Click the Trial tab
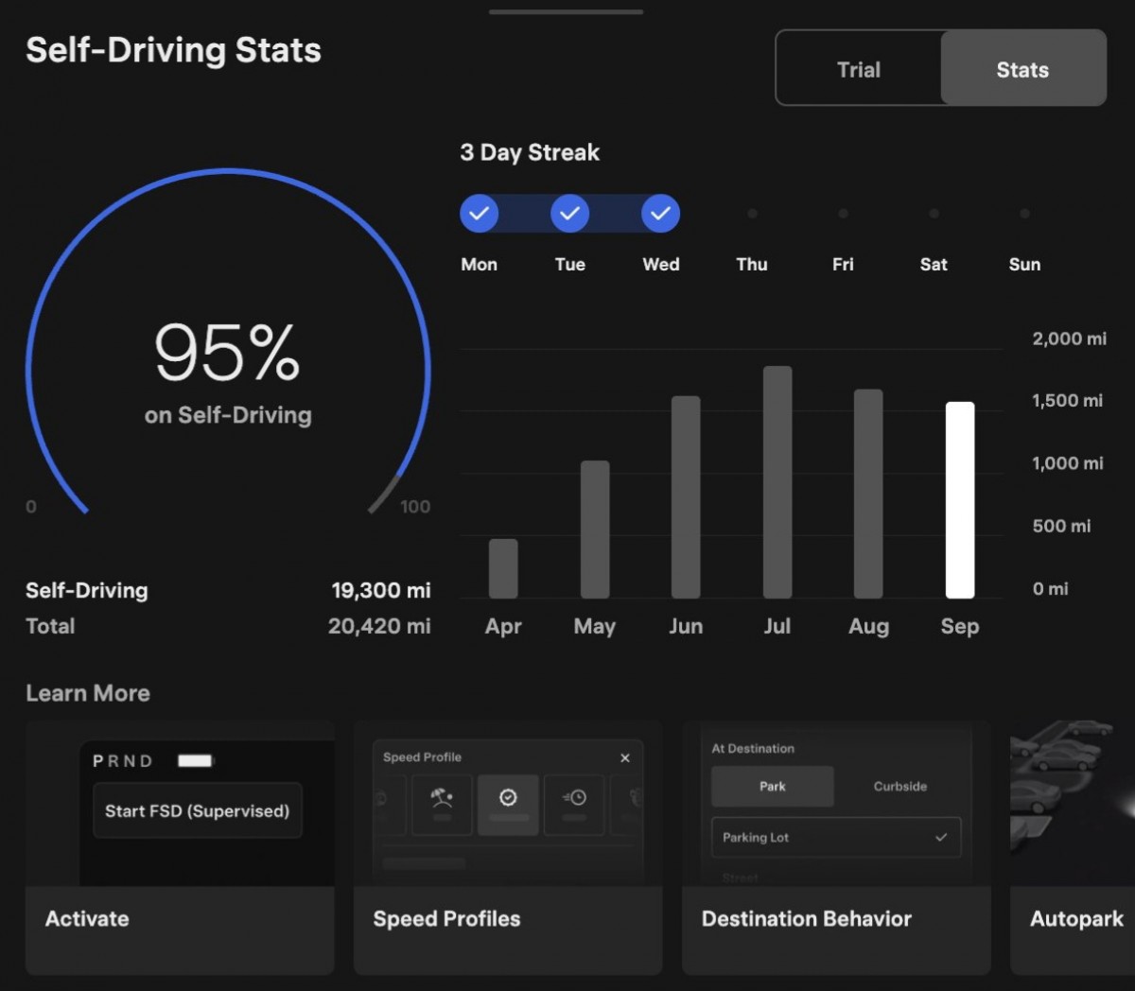pyautogui.click(x=858, y=70)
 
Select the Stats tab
pyautogui.click(x=1022, y=70)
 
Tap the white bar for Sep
pyautogui.click(x=959, y=500)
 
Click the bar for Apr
pyautogui.click(x=503, y=568)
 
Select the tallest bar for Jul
pyautogui.click(x=777, y=482)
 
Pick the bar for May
pyautogui.click(x=595, y=530)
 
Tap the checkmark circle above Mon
pyautogui.click(x=479, y=214)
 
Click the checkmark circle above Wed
pyautogui.click(x=660, y=214)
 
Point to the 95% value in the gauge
pyautogui.click(x=227, y=353)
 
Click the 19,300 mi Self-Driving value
pyautogui.click(x=380, y=591)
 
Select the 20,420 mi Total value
pyautogui.click(x=379, y=626)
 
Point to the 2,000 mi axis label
pyautogui.click(x=1069, y=339)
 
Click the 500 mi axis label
pyautogui.click(x=1061, y=526)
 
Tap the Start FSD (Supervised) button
pyautogui.click(x=197, y=810)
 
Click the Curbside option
pyautogui.click(x=899, y=787)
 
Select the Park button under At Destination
pyautogui.click(x=772, y=787)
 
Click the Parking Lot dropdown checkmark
pyautogui.click(x=940, y=838)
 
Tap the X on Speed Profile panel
pyautogui.click(x=624, y=758)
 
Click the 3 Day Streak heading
pyautogui.click(x=530, y=152)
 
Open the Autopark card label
pyautogui.click(x=1076, y=919)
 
